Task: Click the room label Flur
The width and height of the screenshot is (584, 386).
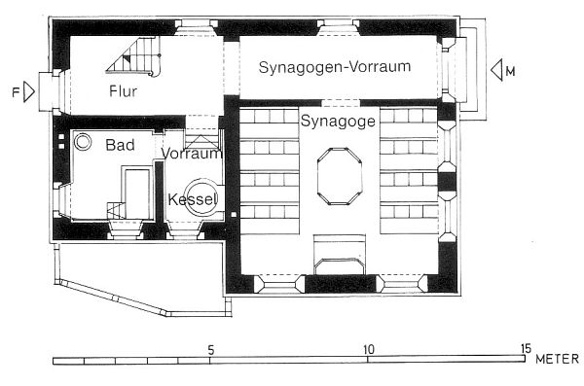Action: coord(124,91)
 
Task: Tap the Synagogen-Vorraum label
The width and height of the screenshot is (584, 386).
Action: coord(335,67)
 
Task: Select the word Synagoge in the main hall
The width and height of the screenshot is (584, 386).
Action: coord(338,122)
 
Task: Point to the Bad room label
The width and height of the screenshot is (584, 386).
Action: coord(120,145)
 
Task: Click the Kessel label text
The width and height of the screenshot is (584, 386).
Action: coord(193,199)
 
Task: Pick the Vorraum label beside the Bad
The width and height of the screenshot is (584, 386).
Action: coord(192,154)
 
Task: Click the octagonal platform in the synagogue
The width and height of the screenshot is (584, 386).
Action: coord(340,176)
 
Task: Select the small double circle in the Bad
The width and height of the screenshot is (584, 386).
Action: coord(83,142)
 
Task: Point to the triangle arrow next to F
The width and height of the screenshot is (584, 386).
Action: coord(29,91)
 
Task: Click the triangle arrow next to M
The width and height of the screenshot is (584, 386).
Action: coord(496,70)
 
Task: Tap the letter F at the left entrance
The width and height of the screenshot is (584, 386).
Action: coord(16,92)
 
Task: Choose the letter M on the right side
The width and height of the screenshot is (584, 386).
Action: coord(511,71)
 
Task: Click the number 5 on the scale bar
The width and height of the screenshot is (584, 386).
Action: coord(211,350)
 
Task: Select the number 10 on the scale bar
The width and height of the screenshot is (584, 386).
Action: coord(368,349)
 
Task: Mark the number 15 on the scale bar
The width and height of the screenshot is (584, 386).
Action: coord(526,349)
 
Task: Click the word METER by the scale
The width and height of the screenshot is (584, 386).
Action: coord(557,359)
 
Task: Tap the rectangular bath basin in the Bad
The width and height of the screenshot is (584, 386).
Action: coord(136,193)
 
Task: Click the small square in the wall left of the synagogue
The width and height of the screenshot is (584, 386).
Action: coord(234,215)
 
